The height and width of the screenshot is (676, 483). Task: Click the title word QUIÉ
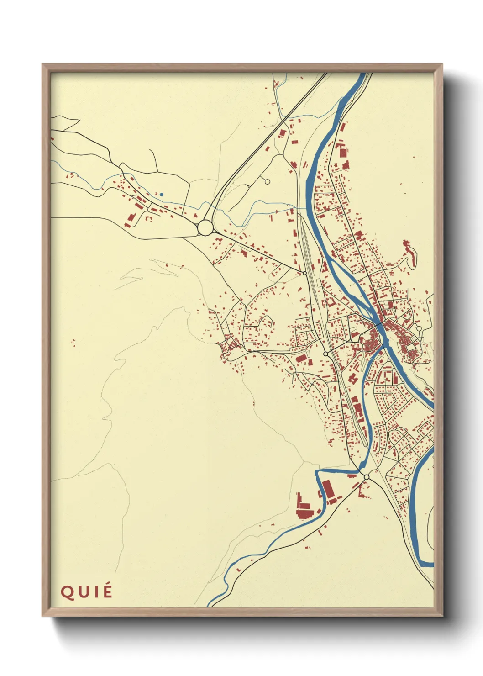click(x=86, y=592)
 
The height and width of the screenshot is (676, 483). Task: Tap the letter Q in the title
click(x=67, y=592)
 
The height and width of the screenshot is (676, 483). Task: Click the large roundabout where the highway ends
click(x=205, y=227)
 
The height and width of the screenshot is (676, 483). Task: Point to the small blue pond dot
click(x=162, y=195)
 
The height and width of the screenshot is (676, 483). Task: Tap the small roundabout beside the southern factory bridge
click(x=366, y=477)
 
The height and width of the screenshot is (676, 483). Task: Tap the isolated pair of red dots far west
click(x=73, y=342)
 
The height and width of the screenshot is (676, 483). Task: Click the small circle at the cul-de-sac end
click(x=268, y=182)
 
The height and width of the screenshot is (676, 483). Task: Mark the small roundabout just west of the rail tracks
click(x=325, y=354)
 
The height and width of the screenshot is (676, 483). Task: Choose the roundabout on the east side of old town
click(x=419, y=328)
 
